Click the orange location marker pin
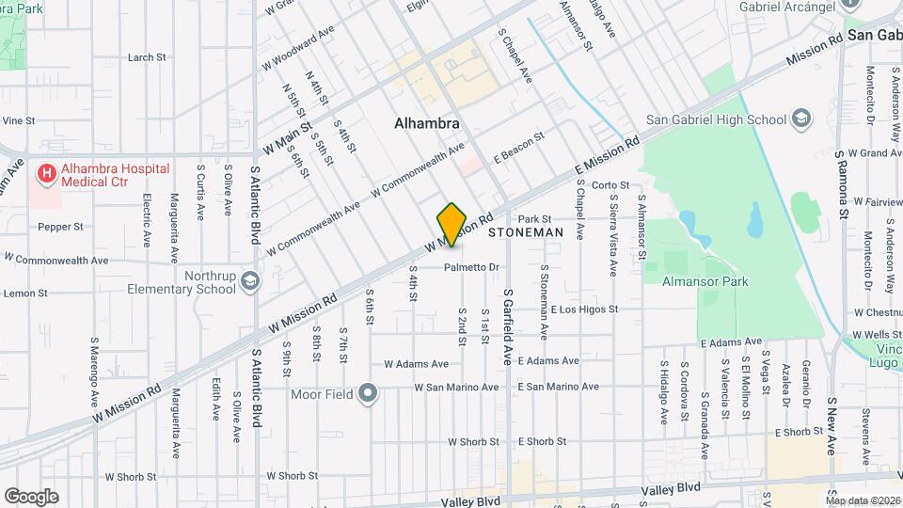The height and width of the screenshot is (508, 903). coord(451,224)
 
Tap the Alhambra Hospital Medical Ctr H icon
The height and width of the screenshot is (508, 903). coord(45,174)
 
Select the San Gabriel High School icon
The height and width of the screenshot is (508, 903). coord(800,119)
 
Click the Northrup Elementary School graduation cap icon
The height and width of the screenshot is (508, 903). coord(250,279)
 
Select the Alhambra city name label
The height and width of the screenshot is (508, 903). coord(427,123)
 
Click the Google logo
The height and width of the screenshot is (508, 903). coord(31,497)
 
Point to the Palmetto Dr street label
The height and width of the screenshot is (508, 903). coord(472,267)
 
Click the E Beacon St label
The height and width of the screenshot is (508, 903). coord(519,147)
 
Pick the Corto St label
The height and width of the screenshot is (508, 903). coord(610,185)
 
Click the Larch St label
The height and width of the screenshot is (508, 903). coord(147,57)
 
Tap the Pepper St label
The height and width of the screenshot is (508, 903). coord(61,227)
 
